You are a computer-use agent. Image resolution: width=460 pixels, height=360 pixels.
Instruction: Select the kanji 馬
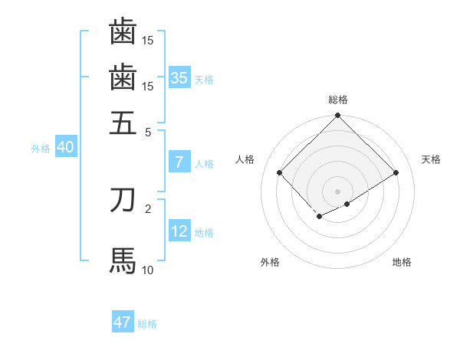click(123, 260)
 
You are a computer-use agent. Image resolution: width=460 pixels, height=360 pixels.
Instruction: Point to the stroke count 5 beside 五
click(148, 131)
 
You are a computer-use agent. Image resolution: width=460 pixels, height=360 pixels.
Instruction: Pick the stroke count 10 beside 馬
click(148, 270)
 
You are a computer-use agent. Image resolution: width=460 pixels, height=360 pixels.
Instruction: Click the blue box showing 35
click(179, 78)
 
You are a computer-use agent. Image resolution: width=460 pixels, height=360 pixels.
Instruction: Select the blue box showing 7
click(179, 162)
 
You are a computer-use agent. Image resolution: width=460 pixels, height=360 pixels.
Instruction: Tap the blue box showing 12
click(179, 231)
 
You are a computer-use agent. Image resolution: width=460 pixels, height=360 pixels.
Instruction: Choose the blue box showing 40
click(65, 148)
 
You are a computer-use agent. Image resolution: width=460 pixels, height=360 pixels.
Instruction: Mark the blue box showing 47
click(123, 322)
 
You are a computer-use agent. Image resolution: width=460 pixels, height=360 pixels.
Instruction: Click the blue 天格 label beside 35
click(204, 80)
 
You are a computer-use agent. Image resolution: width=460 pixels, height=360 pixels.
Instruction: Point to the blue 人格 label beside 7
click(204, 164)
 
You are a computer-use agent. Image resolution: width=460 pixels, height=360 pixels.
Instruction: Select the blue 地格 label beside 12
click(204, 233)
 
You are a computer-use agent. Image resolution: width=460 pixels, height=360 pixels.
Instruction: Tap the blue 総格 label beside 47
click(147, 324)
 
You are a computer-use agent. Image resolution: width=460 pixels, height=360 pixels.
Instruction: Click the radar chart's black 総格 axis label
click(338, 100)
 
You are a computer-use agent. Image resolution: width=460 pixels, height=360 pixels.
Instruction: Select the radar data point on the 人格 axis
click(280, 172)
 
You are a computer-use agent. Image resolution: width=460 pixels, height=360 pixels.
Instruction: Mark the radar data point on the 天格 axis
click(396, 172)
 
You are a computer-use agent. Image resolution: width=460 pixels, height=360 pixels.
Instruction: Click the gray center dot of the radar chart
click(338, 191)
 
